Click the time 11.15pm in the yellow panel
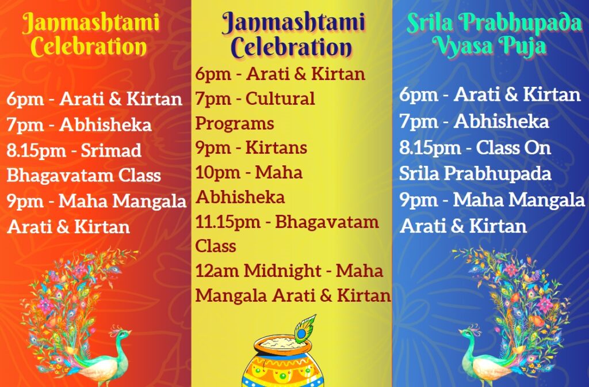pos(228,222)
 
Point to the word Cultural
pos(280,98)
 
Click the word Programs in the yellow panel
pos(235,124)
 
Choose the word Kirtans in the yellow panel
pos(276,147)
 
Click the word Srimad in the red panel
pos(111,150)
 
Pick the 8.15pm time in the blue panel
pos(430,148)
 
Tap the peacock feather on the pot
pos(305,329)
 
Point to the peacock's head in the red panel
pos(124,333)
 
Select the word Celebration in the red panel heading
pos(89,47)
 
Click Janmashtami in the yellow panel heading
pos(293,22)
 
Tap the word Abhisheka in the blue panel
pos(501,122)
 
